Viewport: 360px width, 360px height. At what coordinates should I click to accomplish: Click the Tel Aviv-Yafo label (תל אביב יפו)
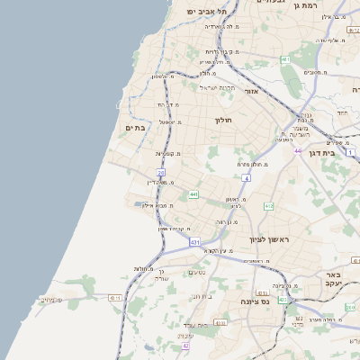click(203, 10)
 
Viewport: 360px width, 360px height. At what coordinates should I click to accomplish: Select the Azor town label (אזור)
click(250, 91)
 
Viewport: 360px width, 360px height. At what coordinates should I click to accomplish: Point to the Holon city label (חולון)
click(223, 120)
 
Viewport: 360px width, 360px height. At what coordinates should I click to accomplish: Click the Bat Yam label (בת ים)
click(134, 128)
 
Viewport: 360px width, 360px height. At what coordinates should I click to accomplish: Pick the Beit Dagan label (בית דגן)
click(333, 155)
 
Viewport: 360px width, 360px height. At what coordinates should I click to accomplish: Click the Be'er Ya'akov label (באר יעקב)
click(336, 280)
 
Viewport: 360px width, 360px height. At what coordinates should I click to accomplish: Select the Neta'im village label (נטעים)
click(198, 273)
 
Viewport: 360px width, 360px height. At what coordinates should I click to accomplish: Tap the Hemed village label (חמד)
click(342, 112)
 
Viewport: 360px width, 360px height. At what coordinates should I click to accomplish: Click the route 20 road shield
click(161, 173)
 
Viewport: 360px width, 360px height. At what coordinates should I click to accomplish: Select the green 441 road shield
click(193, 193)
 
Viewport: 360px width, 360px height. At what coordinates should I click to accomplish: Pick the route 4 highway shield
click(246, 178)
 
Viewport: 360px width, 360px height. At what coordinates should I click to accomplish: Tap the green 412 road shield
click(268, 206)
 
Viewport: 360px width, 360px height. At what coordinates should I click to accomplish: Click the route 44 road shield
click(297, 151)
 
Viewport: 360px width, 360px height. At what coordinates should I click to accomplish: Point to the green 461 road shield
click(285, 59)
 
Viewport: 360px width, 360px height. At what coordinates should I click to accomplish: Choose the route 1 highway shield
click(351, 153)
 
